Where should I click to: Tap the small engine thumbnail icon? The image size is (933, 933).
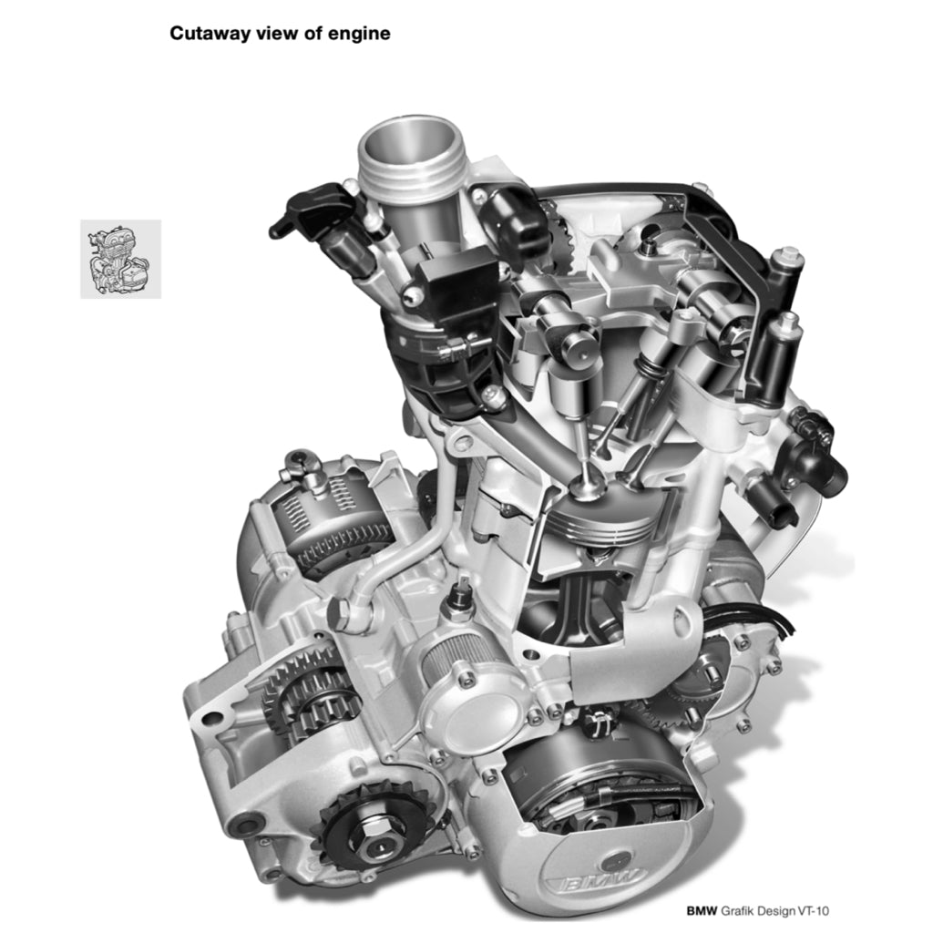point(121,259)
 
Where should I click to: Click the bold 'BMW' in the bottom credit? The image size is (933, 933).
point(702,910)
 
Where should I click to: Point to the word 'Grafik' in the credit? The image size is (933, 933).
point(737,910)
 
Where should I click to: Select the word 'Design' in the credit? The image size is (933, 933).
point(774,911)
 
